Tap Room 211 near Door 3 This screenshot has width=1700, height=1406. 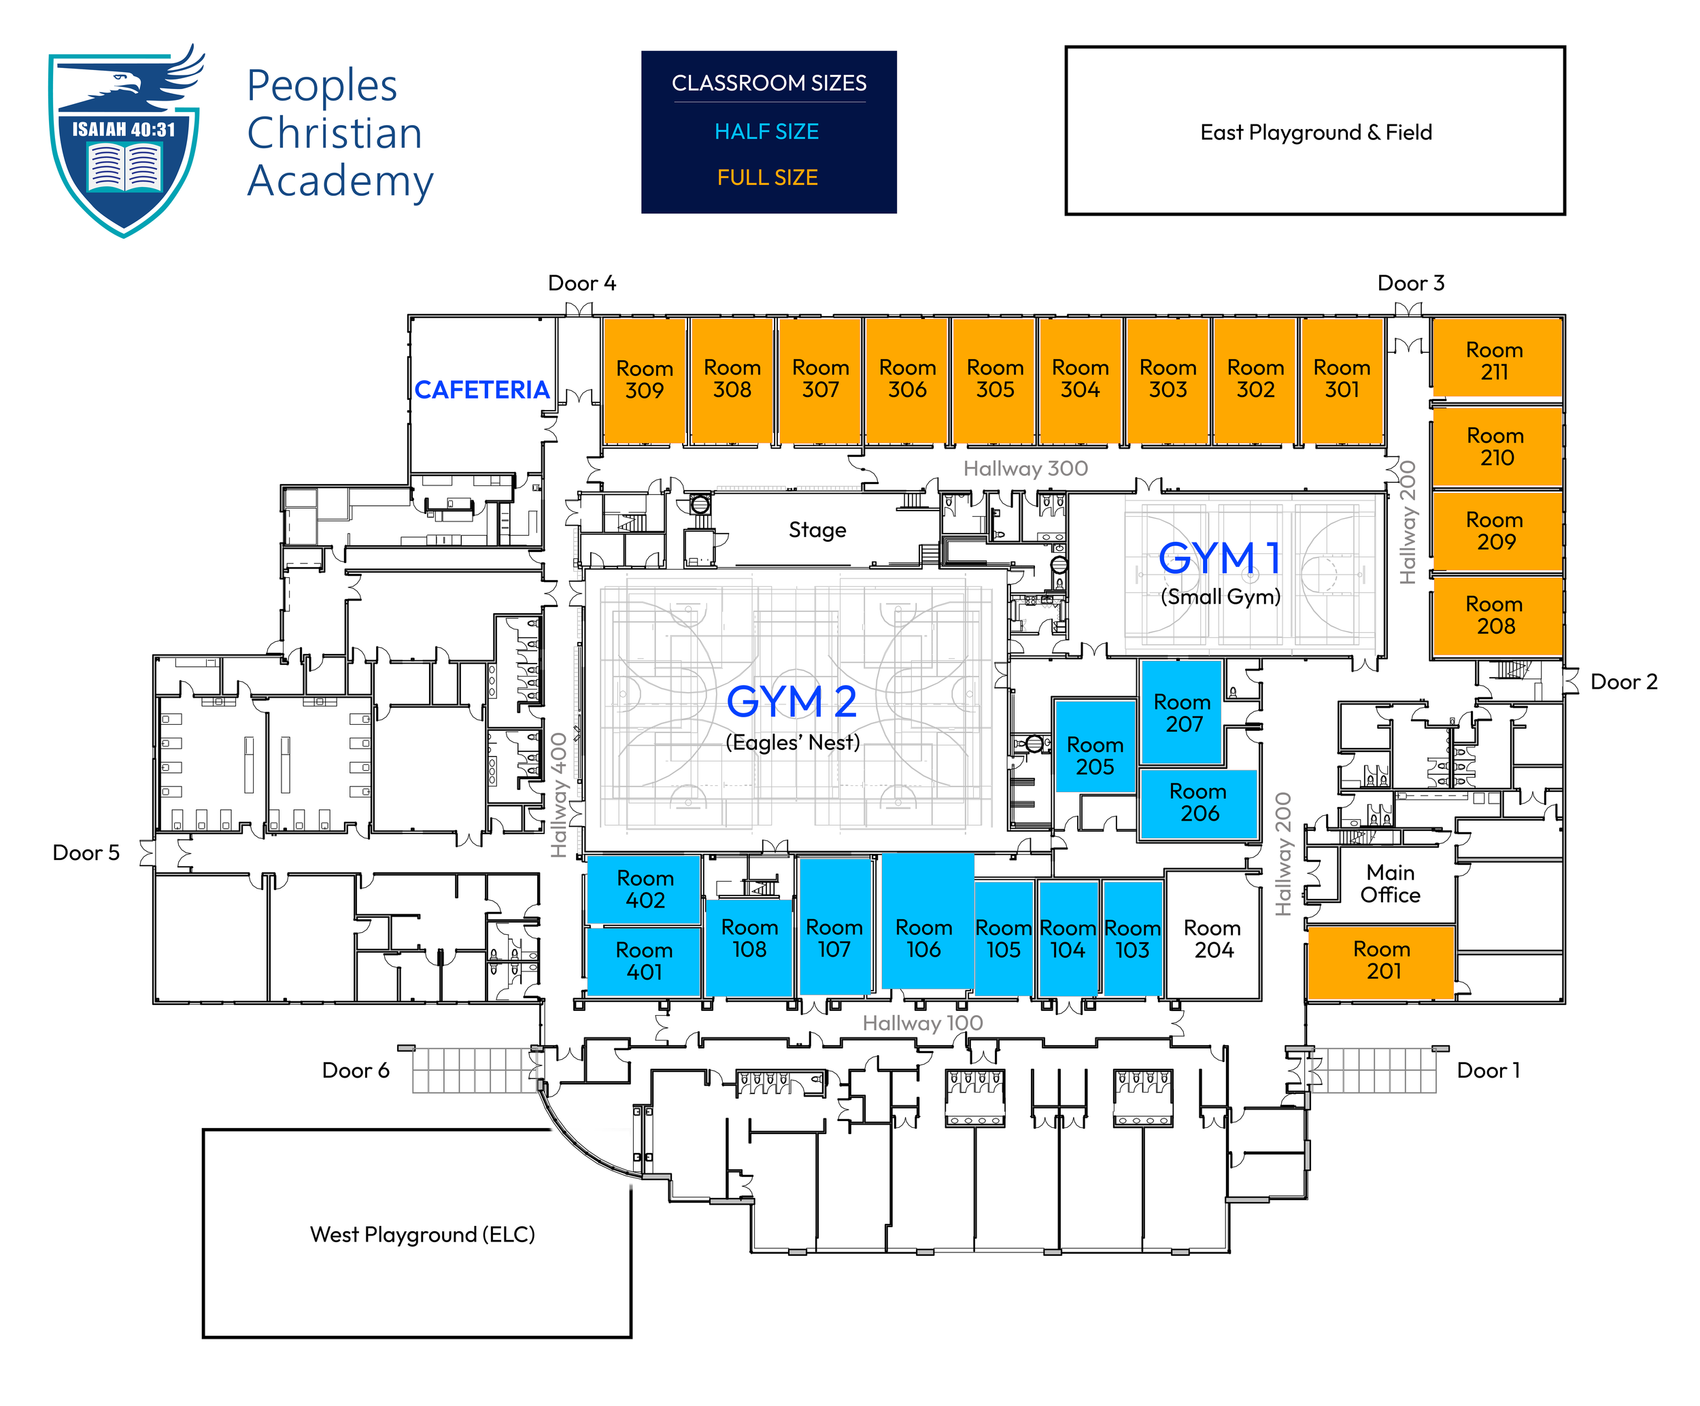pos(1497,357)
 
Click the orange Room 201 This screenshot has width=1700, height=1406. pos(1381,961)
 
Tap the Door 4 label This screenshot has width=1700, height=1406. pos(582,284)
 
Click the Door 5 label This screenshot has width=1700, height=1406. pos(86,853)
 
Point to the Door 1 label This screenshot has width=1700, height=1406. pos(1488,1070)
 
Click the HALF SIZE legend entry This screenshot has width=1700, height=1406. pos(766,131)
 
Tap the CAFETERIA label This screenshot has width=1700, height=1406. pos(481,390)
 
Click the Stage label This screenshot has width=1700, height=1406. pos(817,530)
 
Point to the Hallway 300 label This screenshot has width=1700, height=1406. pos(1025,468)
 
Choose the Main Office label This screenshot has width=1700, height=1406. pos(1390,884)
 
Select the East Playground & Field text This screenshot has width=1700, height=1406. pos(1316,132)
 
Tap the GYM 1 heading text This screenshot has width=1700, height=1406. pos(1220,558)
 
